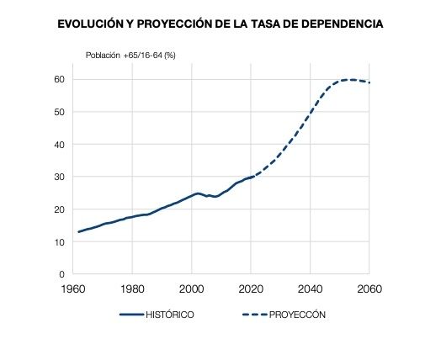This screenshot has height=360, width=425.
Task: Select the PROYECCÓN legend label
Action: click(299, 315)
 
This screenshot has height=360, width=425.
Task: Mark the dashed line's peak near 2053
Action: click(349, 80)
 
